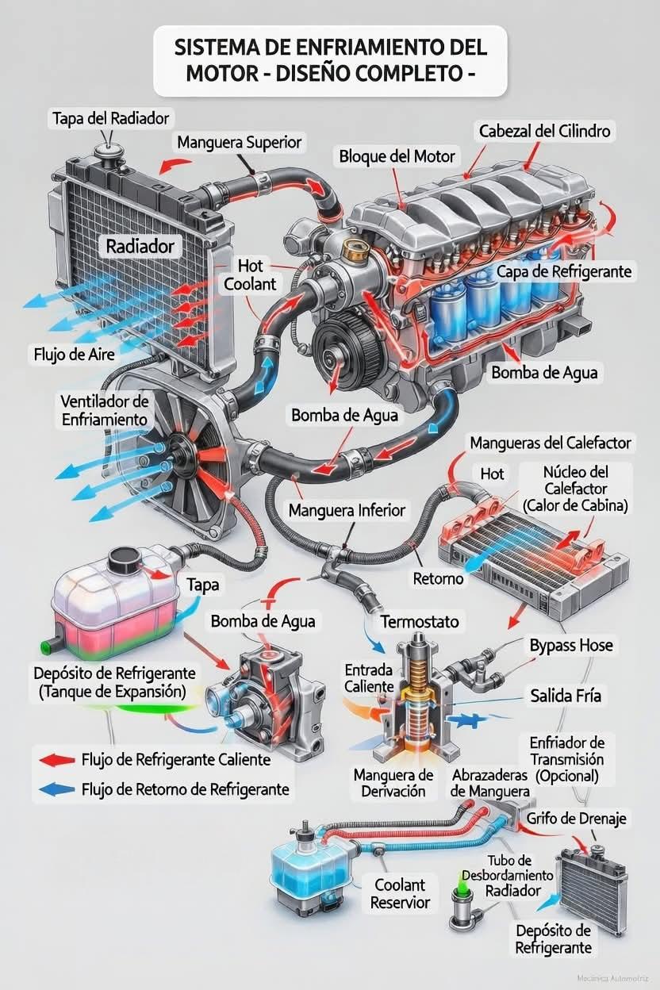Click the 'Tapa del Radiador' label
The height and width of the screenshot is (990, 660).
(x=110, y=118)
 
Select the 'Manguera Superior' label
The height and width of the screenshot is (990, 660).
(x=239, y=142)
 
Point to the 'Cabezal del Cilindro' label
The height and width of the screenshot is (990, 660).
(x=544, y=131)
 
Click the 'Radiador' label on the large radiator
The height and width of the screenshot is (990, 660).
(x=140, y=246)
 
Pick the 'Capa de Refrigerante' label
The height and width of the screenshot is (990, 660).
(x=564, y=271)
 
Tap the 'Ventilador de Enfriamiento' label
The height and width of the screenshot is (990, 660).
(x=105, y=410)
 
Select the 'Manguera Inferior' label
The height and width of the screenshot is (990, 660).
(x=347, y=511)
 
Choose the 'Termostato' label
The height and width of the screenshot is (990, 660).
(x=420, y=621)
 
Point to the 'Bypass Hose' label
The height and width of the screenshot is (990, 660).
(x=571, y=646)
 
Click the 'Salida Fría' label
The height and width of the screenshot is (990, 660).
(x=566, y=696)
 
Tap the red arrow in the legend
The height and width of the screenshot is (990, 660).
(x=56, y=760)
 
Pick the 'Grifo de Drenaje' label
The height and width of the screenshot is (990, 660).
(x=576, y=818)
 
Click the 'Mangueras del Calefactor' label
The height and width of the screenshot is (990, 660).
(x=551, y=443)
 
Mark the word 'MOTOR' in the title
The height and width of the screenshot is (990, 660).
(x=222, y=73)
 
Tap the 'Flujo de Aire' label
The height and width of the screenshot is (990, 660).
(x=75, y=354)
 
